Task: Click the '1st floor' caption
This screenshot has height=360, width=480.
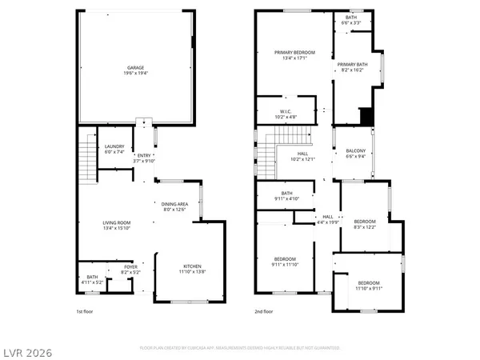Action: [86, 311]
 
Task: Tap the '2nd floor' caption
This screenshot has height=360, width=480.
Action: [264, 311]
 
